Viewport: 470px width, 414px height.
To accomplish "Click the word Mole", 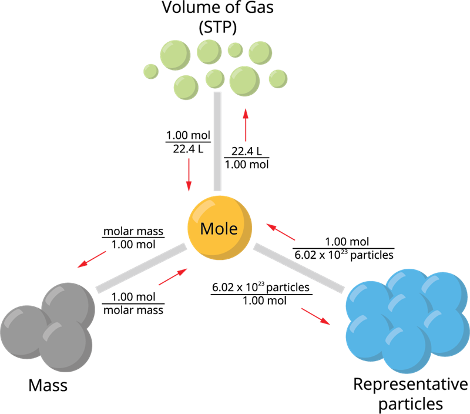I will (219, 228).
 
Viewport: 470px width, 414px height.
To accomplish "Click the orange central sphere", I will (220, 241).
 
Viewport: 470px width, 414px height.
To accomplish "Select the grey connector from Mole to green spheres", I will (217, 141).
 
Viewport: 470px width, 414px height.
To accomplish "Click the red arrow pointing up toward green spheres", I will (246, 125).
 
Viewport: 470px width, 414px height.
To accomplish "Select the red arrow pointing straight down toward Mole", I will (189, 175).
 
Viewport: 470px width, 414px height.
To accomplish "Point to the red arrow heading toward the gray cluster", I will (92, 259).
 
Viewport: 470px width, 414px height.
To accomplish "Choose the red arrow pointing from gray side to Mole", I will (173, 276).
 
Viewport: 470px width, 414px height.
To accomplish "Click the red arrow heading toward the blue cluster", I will (315, 316).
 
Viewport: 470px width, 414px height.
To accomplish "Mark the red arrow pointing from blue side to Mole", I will (280, 232).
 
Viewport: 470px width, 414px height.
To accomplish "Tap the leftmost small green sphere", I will (151, 71).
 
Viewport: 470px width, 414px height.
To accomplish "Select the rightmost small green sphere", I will (278, 78).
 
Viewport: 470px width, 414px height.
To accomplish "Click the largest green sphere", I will (244, 81).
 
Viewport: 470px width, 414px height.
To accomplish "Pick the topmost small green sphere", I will (235, 50).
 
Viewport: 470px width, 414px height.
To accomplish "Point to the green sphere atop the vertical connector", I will (215, 78).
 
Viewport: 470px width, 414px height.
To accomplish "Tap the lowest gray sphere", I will (66, 347).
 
